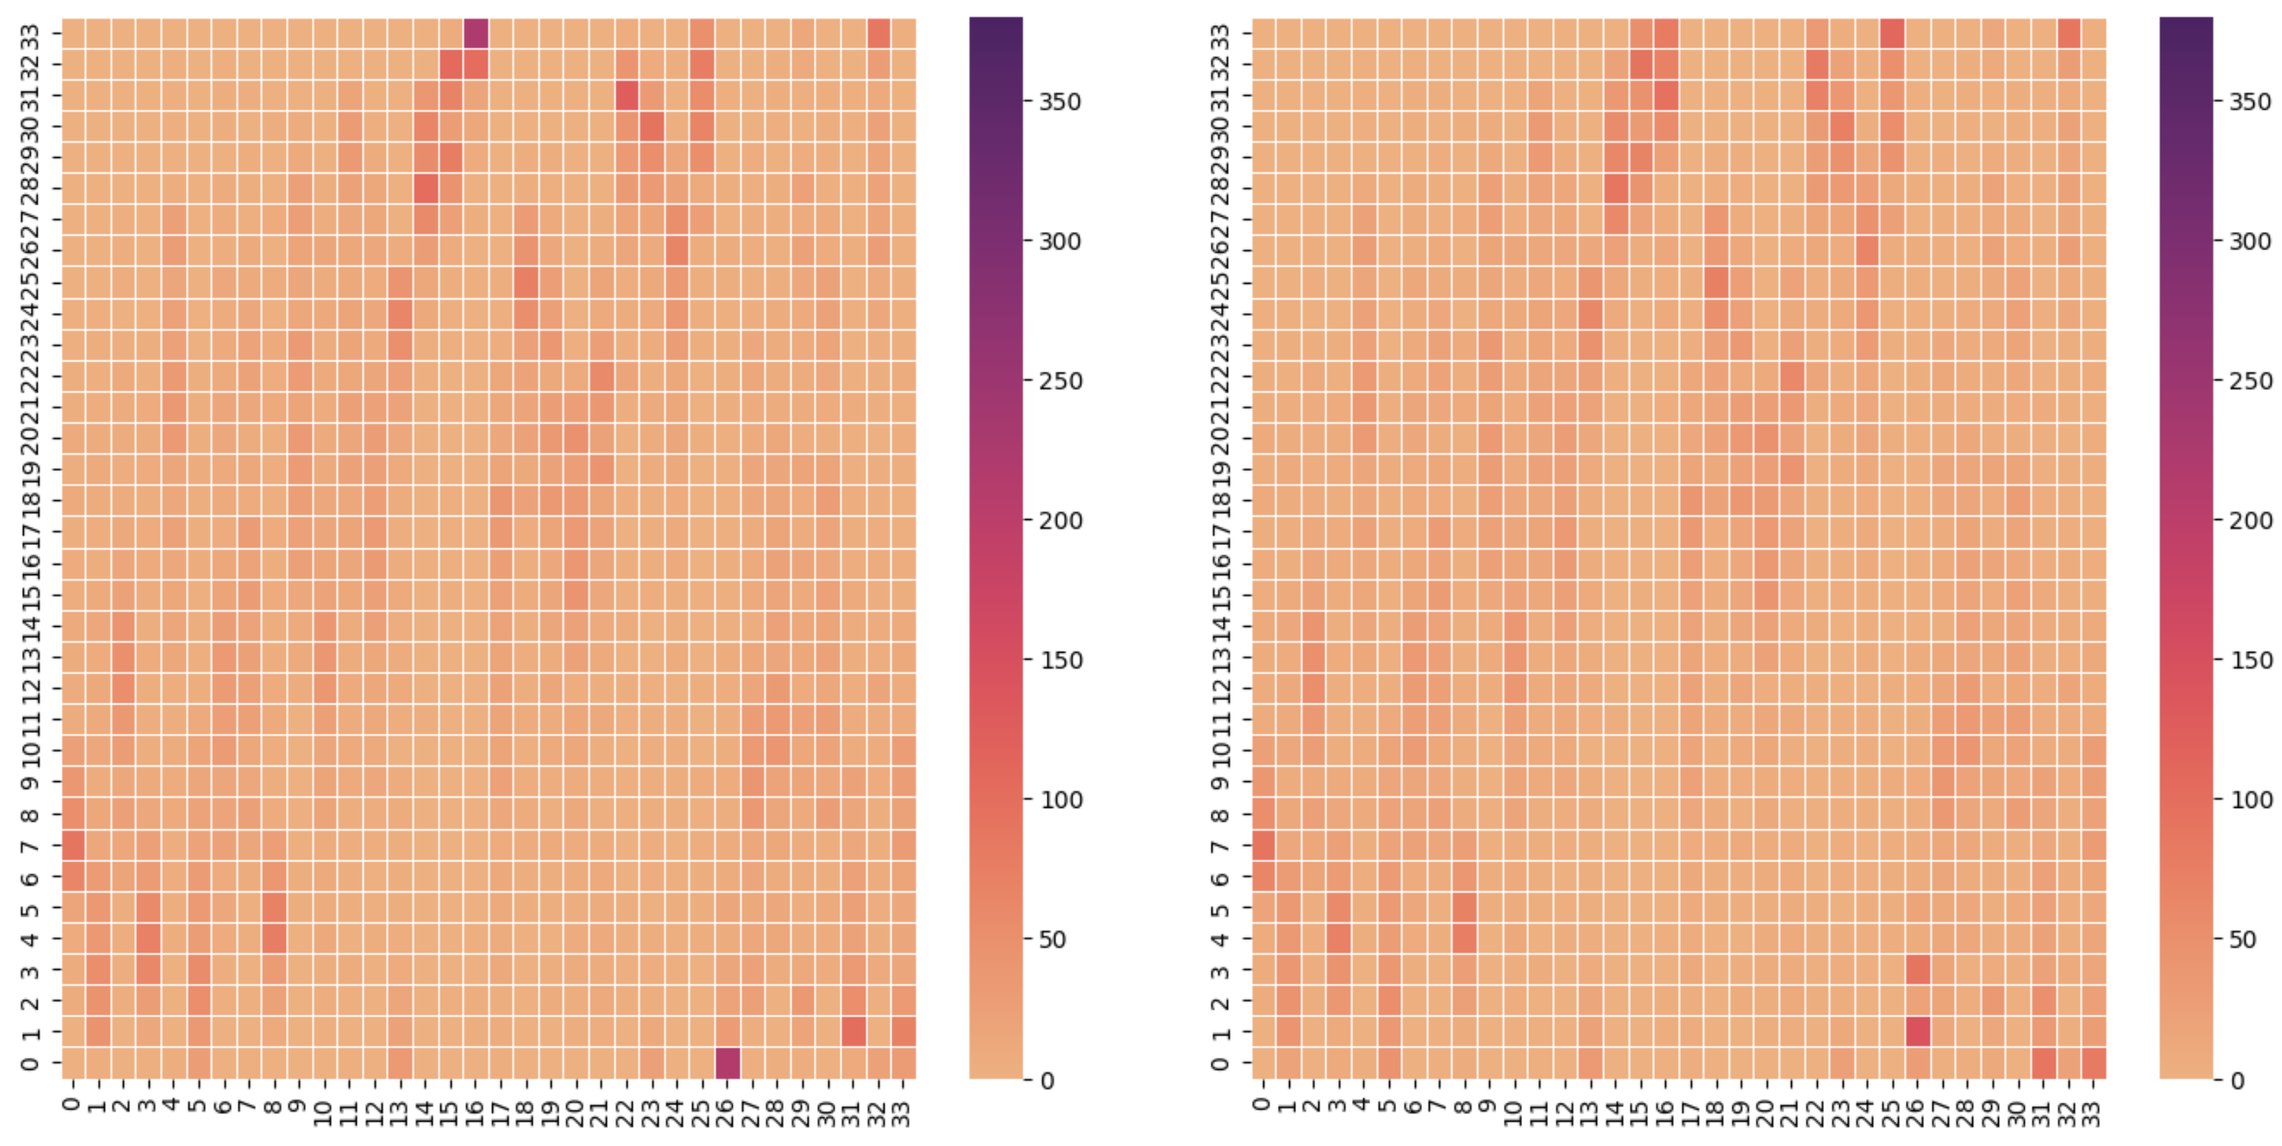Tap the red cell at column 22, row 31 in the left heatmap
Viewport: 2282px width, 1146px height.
pyautogui.click(x=627, y=96)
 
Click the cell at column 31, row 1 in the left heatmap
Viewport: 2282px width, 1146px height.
pyautogui.click(x=853, y=1032)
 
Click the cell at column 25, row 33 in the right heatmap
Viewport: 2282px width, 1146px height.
pyautogui.click(x=1892, y=34)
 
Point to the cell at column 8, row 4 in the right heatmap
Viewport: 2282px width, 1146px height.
pyautogui.click(x=1464, y=938)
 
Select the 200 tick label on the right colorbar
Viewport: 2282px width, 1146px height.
pyautogui.click(x=2250, y=521)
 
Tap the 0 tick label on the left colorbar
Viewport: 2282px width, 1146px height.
pyautogui.click(x=1047, y=1080)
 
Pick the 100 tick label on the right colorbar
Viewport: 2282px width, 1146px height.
pyautogui.click(x=2250, y=799)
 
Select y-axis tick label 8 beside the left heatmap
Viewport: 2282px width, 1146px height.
pyautogui.click(x=31, y=814)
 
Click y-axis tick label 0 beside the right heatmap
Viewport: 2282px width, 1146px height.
pyautogui.click(x=1221, y=1063)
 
